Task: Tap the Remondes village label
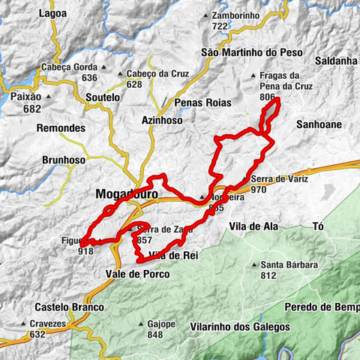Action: (x=61, y=128)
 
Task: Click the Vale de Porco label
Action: (x=139, y=274)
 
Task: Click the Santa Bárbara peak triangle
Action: (x=256, y=265)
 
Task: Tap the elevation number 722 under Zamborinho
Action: (x=219, y=26)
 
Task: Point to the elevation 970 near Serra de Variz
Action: (x=259, y=190)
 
